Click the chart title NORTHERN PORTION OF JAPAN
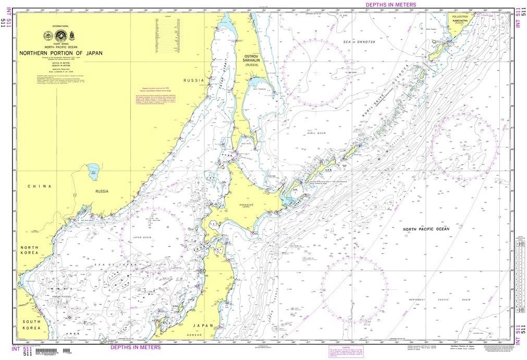click(x=61, y=53)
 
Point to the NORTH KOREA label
click(x=29, y=250)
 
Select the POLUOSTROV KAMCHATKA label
click(x=459, y=19)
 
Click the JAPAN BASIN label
click(x=141, y=236)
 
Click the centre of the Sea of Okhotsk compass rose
click(x=315, y=71)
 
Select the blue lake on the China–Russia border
click(x=93, y=171)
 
